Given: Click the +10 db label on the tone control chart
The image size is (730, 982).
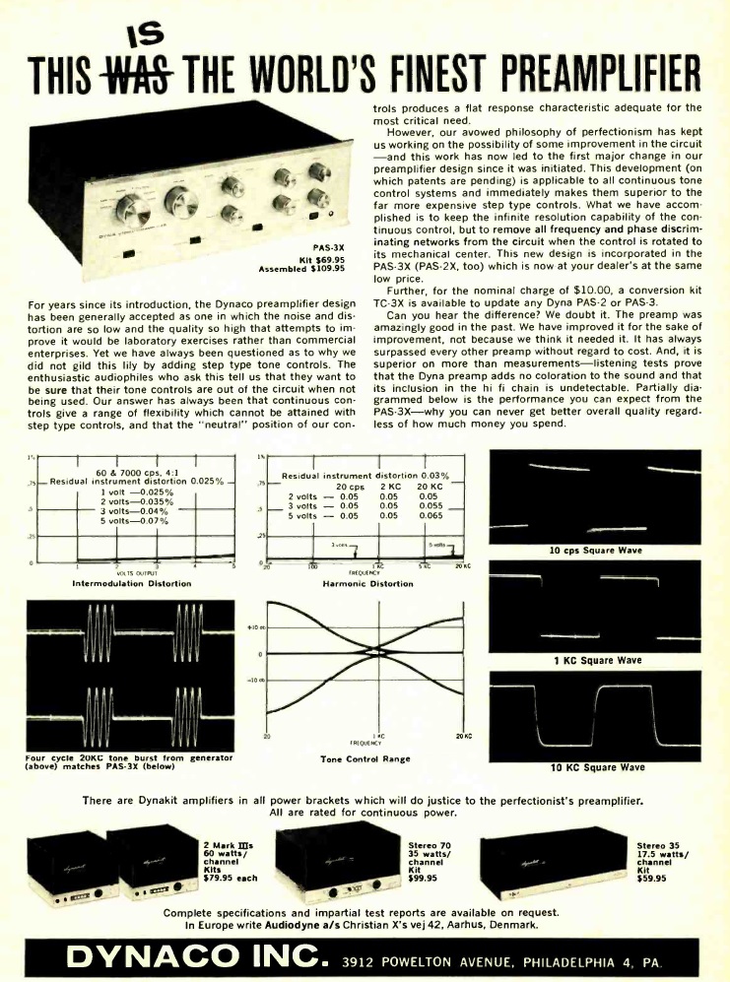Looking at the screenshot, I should [x=252, y=627].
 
